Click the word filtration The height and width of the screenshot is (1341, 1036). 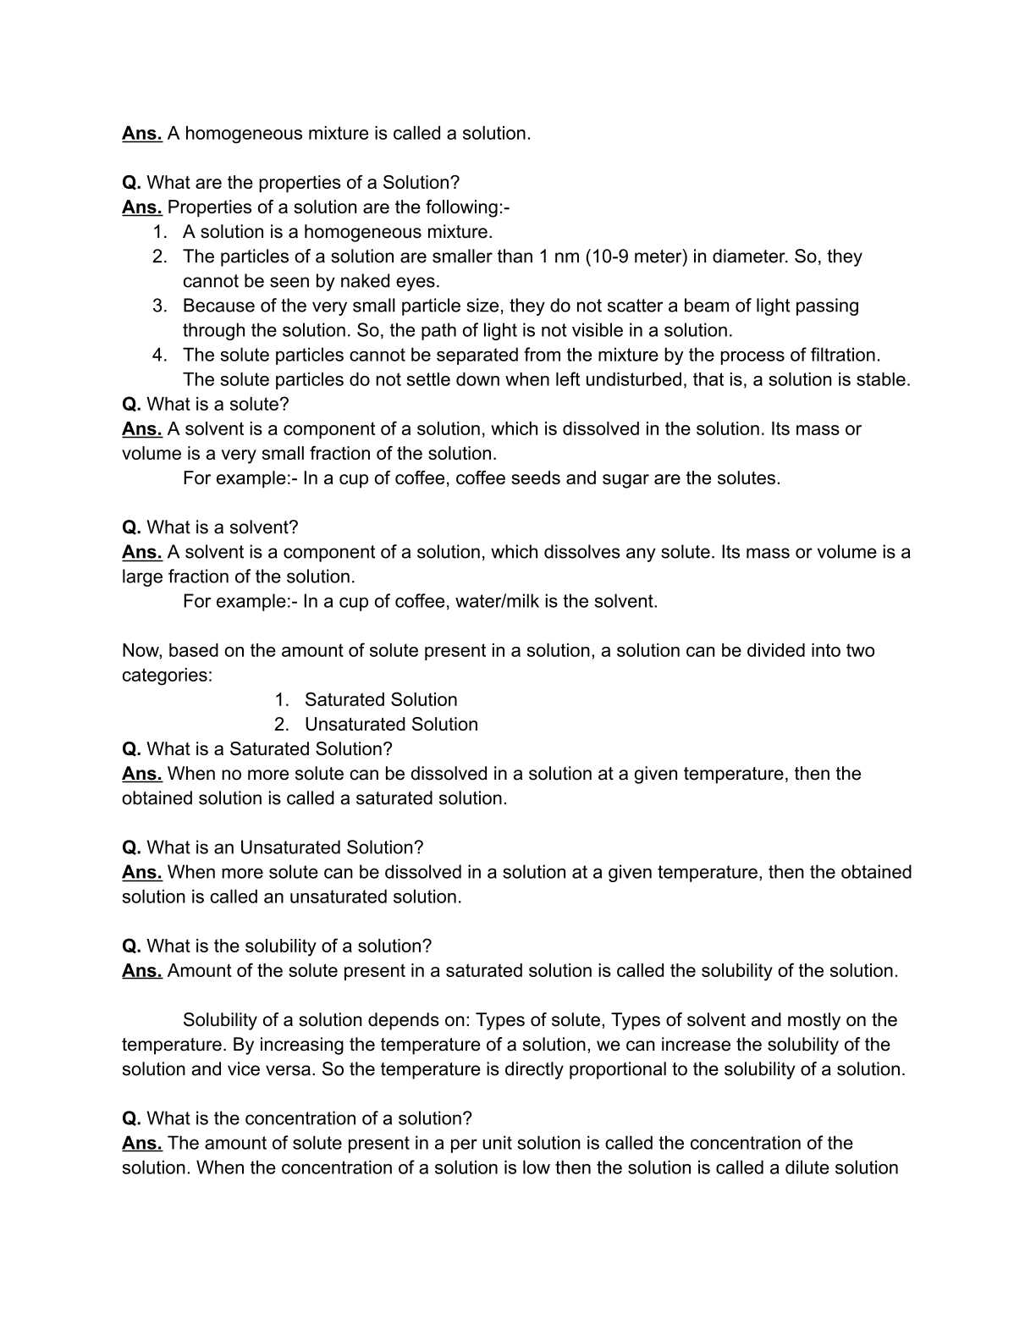tap(836, 355)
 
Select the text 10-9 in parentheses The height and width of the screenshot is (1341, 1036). tap(611, 257)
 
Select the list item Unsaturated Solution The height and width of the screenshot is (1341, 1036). tap(391, 725)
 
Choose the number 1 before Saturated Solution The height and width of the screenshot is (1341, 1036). tap(281, 700)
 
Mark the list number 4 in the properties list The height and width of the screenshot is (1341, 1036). tap(159, 355)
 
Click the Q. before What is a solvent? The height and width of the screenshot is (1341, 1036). tap(131, 527)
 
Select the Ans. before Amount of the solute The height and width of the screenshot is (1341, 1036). tap(141, 971)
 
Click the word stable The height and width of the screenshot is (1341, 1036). tap(883, 379)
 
